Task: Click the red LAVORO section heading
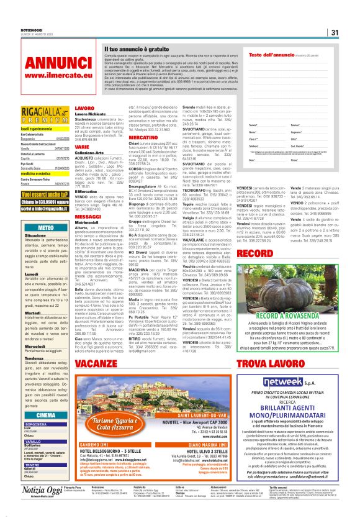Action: coord(85,108)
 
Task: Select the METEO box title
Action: coord(45,227)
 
